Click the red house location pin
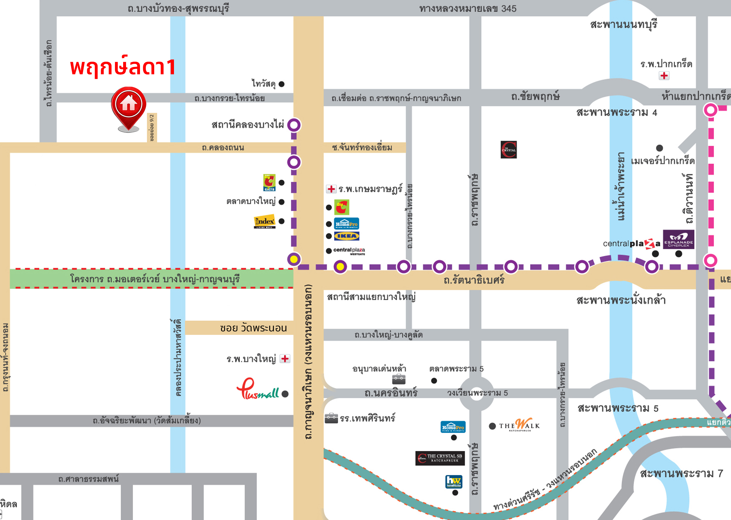128,106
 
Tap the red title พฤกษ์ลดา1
123,67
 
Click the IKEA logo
346,236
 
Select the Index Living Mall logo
265,221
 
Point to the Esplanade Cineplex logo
678,239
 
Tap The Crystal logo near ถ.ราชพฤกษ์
509,149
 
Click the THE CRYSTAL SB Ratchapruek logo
440,458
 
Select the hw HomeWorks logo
454,481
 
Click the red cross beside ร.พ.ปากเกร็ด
664,75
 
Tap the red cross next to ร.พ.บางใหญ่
285,359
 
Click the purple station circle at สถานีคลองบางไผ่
294,125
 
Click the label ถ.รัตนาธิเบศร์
474,280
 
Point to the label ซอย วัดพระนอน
253,328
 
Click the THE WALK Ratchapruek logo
520,425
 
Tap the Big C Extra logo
269,183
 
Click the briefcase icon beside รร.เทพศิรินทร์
331,418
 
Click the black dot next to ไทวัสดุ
282,84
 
